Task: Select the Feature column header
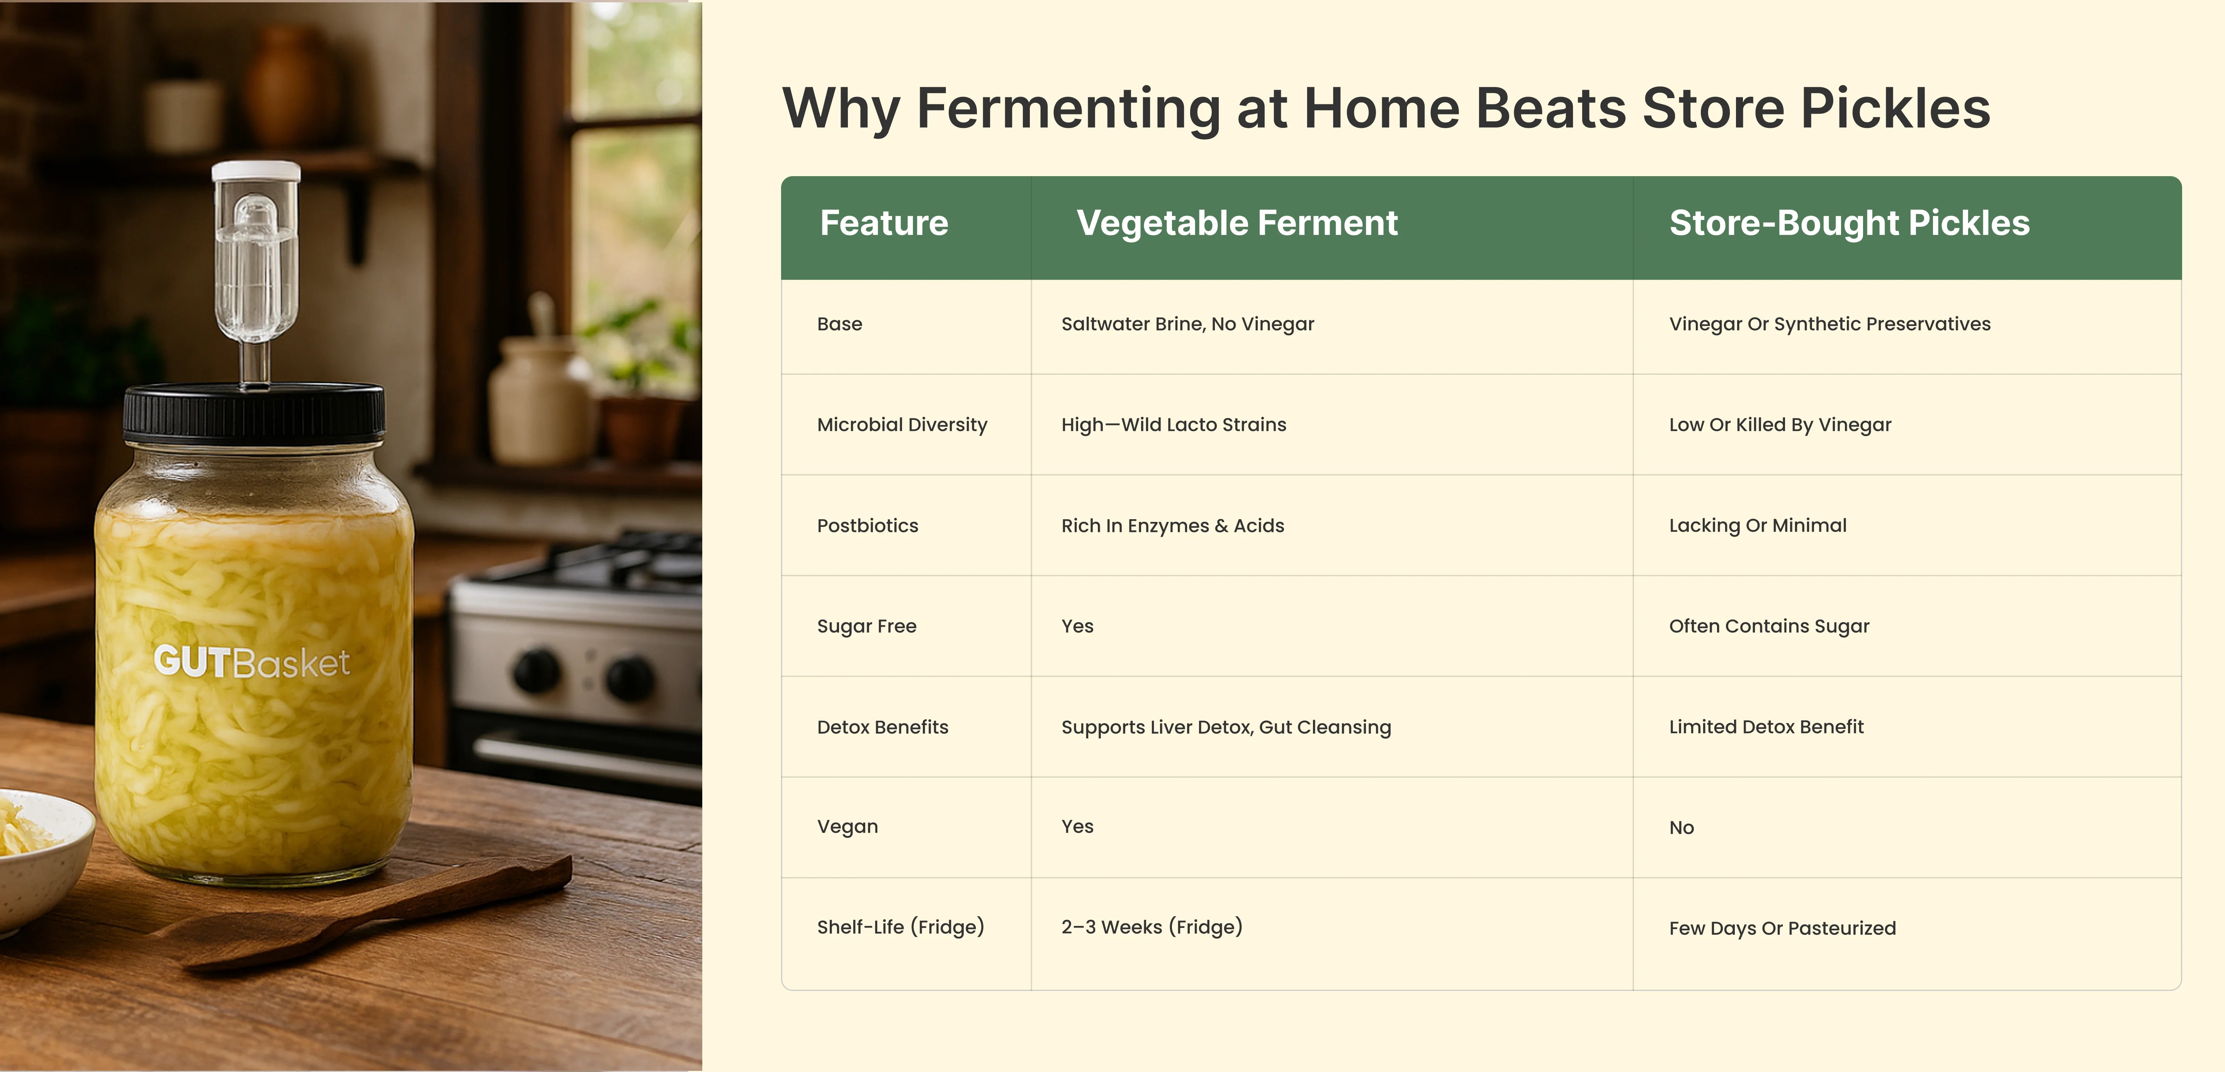[x=883, y=223]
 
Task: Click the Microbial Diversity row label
[x=902, y=425]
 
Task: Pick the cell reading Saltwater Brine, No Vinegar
[x=1188, y=324]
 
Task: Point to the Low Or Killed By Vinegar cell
[x=1780, y=425]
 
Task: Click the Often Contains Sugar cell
[x=1769, y=626]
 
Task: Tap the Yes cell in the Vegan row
[x=1077, y=827]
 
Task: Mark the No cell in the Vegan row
[x=1682, y=827]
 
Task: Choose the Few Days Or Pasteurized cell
[x=1783, y=929]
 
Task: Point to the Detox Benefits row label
[x=883, y=727]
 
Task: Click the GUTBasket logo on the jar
[x=251, y=663]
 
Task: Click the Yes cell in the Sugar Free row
[x=1077, y=626]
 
